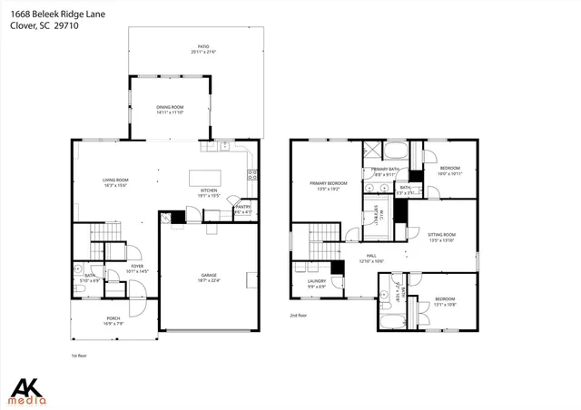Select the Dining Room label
click(170, 107)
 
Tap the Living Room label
click(115, 180)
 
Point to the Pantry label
click(242, 207)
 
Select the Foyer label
click(113, 266)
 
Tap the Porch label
click(113, 317)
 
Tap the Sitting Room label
click(441, 234)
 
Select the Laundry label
click(317, 281)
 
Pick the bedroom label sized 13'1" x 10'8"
click(444, 298)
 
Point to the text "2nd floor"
click(300, 315)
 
